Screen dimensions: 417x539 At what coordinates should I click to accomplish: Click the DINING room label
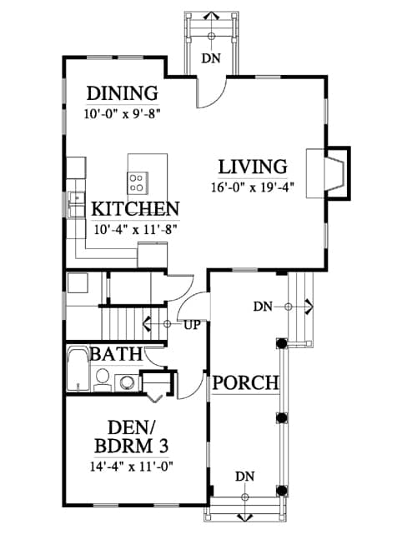[x=122, y=93]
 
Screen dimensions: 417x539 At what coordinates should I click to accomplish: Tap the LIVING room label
[x=253, y=167]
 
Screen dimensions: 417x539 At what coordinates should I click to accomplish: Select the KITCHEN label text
[x=135, y=209]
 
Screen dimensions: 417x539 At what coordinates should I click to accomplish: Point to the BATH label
[x=116, y=354]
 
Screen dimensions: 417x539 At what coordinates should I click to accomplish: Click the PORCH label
[x=245, y=382]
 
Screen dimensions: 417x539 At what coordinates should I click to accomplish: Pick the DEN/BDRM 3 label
[x=132, y=437]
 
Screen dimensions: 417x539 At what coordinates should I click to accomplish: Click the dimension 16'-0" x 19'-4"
[x=253, y=188]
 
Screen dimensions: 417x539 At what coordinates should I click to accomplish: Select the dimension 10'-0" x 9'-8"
[x=122, y=114]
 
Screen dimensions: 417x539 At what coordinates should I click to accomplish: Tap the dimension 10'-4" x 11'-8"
[x=135, y=229]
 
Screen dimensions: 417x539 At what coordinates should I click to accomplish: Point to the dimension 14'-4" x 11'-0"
[x=132, y=467]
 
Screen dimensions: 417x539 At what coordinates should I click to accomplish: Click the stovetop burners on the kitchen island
[x=138, y=182]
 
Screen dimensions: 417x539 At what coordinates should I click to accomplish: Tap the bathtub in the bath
[x=78, y=370]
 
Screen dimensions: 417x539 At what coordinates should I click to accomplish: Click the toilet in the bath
[x=103, y=380]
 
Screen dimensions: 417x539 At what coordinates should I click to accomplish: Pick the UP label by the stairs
[x=192, y=325]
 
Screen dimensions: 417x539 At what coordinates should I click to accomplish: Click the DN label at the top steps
[x=211, y=58]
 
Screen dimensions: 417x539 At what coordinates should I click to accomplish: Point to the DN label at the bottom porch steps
[x=245, y=477]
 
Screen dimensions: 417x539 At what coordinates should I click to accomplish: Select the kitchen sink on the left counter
[x=76, y=204]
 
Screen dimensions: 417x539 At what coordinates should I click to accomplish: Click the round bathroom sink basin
[x=126, y=382]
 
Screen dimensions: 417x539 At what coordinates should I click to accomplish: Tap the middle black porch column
[x=282, y=417]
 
